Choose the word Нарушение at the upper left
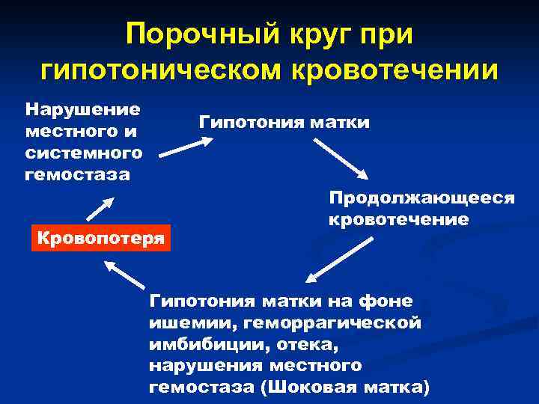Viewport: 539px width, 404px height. pyautogui.click(x=82, y=109)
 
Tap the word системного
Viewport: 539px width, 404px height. pyautogui.click(x=83, y=153)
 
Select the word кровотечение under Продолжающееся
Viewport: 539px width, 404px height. pyautogui.click(x=398, y=220)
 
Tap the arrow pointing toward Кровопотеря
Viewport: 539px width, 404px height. pyautogui.click(x=124, y=275)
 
